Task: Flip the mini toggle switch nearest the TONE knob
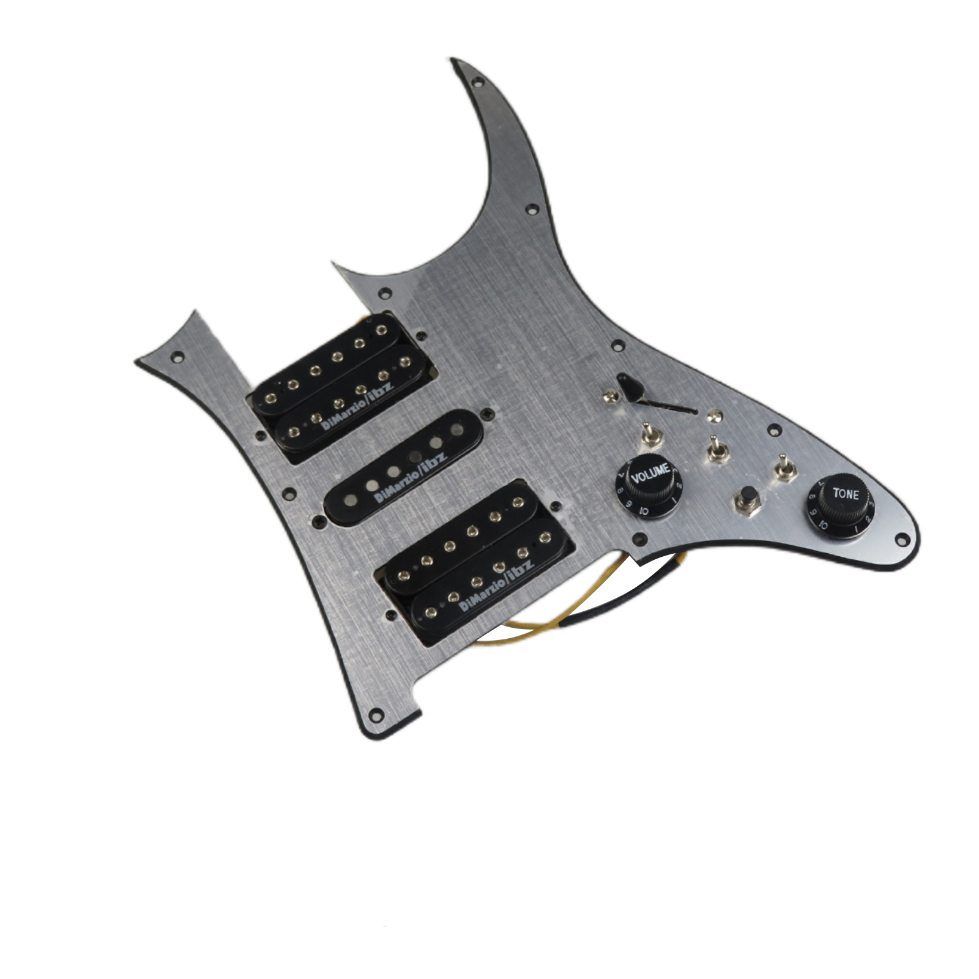click(781, 469)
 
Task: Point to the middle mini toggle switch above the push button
click(713, 449)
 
